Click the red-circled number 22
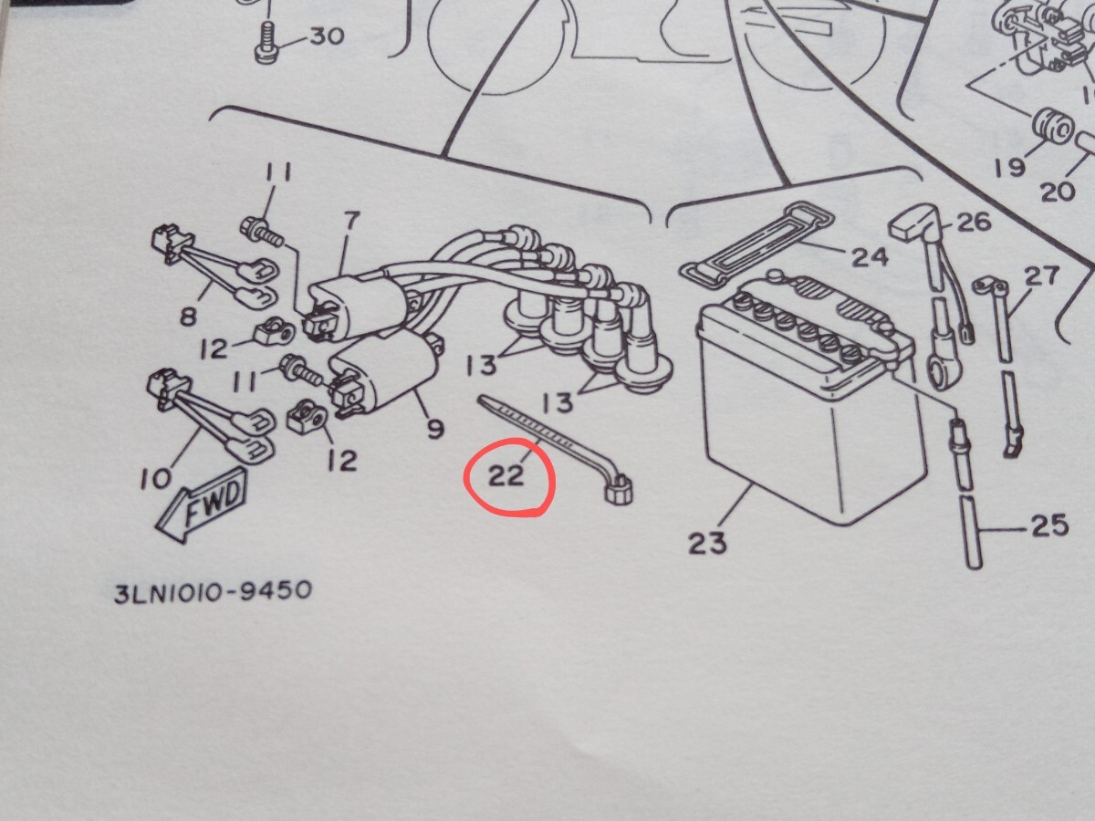(507, 475)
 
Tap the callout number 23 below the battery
(708, 544)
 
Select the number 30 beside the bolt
(326, 37)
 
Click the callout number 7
(351, 221)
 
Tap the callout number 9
(435, 426)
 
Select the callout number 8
(189, 317)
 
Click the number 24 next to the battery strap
(869, 256)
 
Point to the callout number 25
(1048, 526)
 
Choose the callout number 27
(1038, 276)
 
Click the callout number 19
(1010, 167)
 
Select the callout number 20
(1058, 191)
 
